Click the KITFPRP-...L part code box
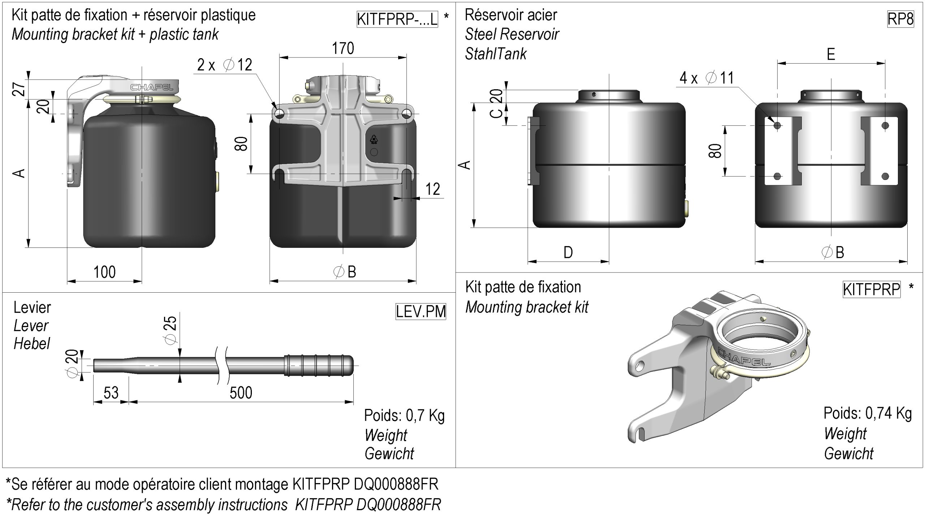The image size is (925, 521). [x=397, y=19]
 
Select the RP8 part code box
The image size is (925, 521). [x=900, y=19]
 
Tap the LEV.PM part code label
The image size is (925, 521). [x=421, y=311]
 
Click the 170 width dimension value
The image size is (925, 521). [x=343, y=48]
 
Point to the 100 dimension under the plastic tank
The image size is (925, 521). [x=104, y=272]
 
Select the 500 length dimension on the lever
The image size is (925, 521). [x=241, y=393]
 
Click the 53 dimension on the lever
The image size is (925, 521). [x=111, y=393]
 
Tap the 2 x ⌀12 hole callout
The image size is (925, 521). [x=224, y=65]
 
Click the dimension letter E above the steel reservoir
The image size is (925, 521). [x=831, y=55]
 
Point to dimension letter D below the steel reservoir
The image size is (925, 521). [x=568, y=252]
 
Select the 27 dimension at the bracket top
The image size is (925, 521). [x=20, y=89]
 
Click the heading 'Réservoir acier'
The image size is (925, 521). [x=511, y=15]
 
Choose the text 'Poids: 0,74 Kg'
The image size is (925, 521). [x=868, y=413]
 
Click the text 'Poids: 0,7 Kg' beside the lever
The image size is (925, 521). [x=404, y=415]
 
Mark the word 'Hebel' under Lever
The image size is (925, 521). [x=32, y=344]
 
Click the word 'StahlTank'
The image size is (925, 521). [x=495, y=54]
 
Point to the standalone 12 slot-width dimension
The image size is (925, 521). [x=433, y=189]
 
